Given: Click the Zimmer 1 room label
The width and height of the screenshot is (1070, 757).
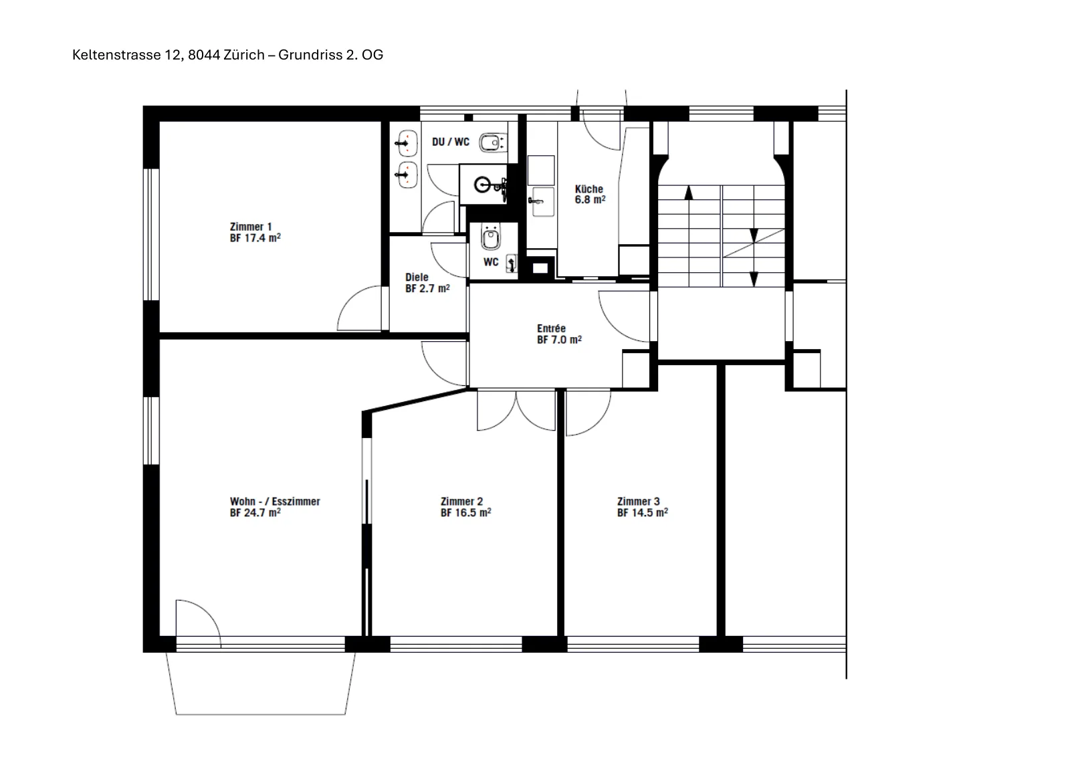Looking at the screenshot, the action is [251, 227].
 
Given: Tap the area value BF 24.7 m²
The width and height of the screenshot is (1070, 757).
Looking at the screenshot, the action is [255, 513].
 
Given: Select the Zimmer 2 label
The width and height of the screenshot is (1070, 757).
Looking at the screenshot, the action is [461, 502].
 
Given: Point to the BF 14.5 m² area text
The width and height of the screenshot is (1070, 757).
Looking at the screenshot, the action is [643, 513].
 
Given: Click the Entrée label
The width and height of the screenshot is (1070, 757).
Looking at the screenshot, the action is [551, 328].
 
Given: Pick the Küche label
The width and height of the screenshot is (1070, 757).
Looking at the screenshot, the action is [589, 189].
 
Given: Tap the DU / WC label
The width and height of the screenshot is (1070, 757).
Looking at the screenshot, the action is [451, 142].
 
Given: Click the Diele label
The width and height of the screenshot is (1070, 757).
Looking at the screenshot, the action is [417, 277].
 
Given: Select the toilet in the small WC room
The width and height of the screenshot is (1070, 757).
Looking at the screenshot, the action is [490, 237].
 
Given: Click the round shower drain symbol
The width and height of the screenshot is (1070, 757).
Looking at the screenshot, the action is [482, 185].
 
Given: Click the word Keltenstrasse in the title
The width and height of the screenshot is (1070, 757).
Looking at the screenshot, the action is [116, 56].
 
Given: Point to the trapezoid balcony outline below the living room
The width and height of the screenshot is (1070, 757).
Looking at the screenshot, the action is [260, 714].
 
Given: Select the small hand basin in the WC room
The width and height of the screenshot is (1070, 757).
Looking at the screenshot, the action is [511, 263].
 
